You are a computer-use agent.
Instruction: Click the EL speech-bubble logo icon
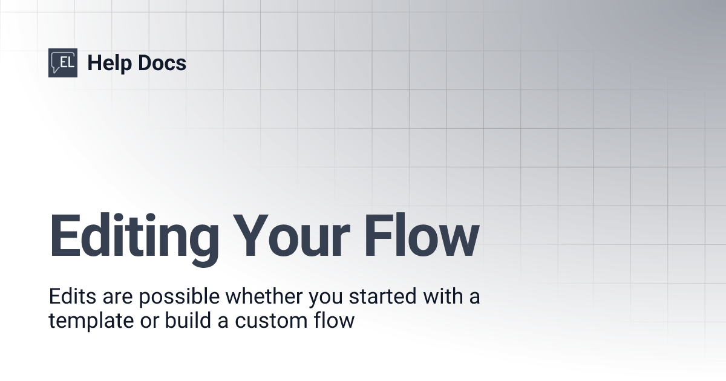point(63,63)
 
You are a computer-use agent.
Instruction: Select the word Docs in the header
point(162,63)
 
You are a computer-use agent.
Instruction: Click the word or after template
point(139,321)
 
